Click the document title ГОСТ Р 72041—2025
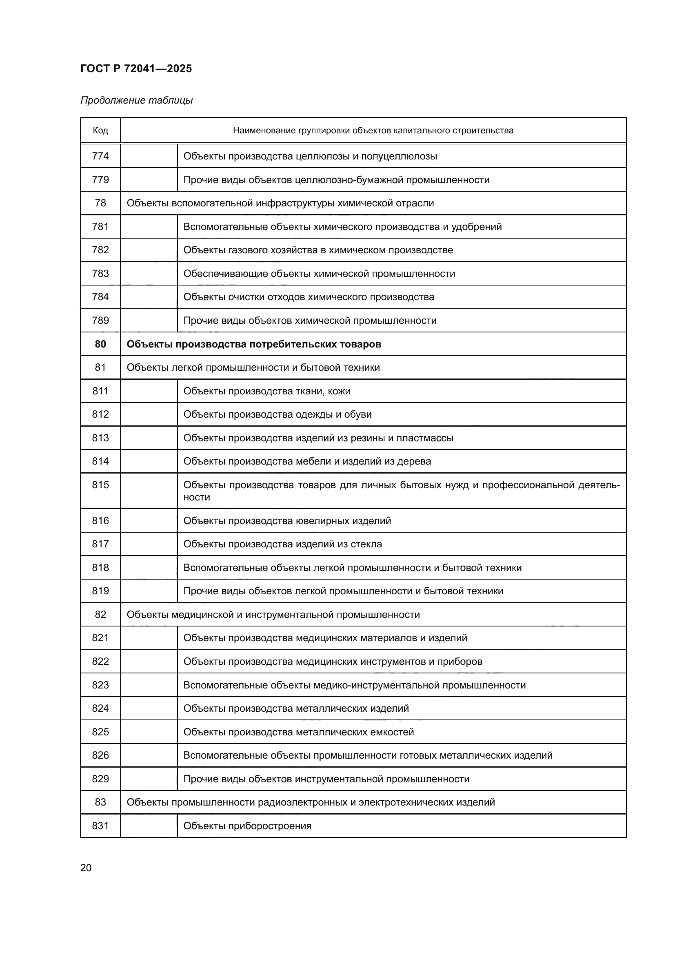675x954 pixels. (x=136, y=69)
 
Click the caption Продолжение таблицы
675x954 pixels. (x=136, y=101)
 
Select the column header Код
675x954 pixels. (x=100, y=131)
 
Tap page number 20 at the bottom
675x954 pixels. (x=86, y=868)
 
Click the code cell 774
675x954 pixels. (x=100, y=156)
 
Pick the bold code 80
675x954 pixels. (x=100, y=344)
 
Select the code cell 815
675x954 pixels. (x=100, y=485)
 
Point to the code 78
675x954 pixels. (x=100, y=203)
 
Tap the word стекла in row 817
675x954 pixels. (x=366, y=545)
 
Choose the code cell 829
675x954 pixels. (x=100, y=779)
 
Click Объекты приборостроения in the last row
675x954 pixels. (x=247, y=826)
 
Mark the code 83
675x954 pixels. (x=100, y=802)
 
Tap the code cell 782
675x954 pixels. (x=100, y=250)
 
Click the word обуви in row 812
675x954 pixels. (x=358, y=414)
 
